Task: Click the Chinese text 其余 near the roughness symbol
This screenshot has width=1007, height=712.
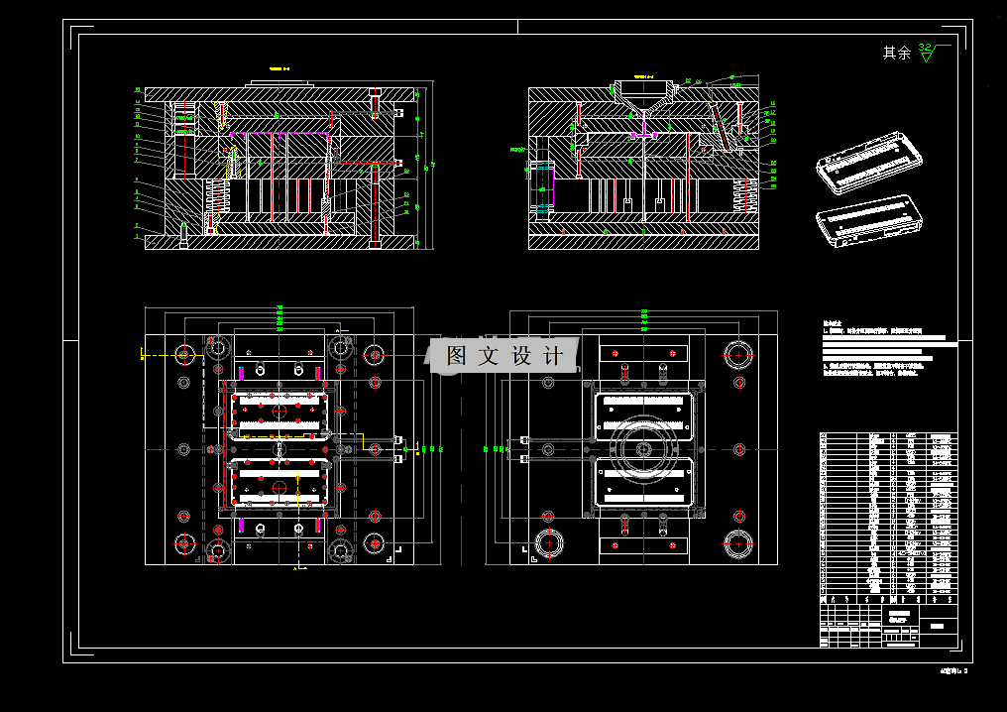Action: coord(896,53)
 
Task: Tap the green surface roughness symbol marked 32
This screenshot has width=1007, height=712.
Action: coord(926,52)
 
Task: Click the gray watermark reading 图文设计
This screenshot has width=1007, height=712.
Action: coord(504,356)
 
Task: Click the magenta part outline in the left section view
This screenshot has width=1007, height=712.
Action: coord(278,131)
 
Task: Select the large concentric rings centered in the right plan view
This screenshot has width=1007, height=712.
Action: coord(643,449)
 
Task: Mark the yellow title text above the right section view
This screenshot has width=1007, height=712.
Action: coord(645,75)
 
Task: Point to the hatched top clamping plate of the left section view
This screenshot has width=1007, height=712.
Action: coord(278,94)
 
